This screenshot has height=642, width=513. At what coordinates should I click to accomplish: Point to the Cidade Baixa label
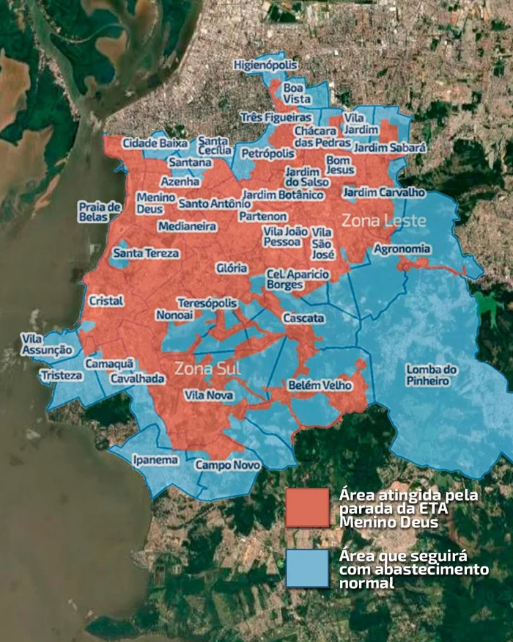[x=154, y=143]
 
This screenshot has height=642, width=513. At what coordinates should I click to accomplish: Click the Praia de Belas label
[x=99, y=211]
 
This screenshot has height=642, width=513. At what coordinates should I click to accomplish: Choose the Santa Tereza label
[x=146, y=253]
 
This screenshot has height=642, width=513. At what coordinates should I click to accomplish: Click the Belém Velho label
[x=320, y=385]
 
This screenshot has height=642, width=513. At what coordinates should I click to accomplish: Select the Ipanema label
[x=155, y=460]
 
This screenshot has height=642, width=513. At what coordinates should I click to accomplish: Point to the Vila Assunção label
[x=47, y=344]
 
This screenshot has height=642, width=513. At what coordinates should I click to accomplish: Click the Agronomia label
[x=402, y=249]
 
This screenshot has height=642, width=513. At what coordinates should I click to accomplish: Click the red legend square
[x=307, y=506]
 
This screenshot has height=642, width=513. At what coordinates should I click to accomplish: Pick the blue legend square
[x=307, y=568]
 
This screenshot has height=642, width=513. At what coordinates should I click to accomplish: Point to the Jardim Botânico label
[x=283, y=194]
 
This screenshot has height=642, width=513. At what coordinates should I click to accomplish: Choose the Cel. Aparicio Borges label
[x=298, y=279]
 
